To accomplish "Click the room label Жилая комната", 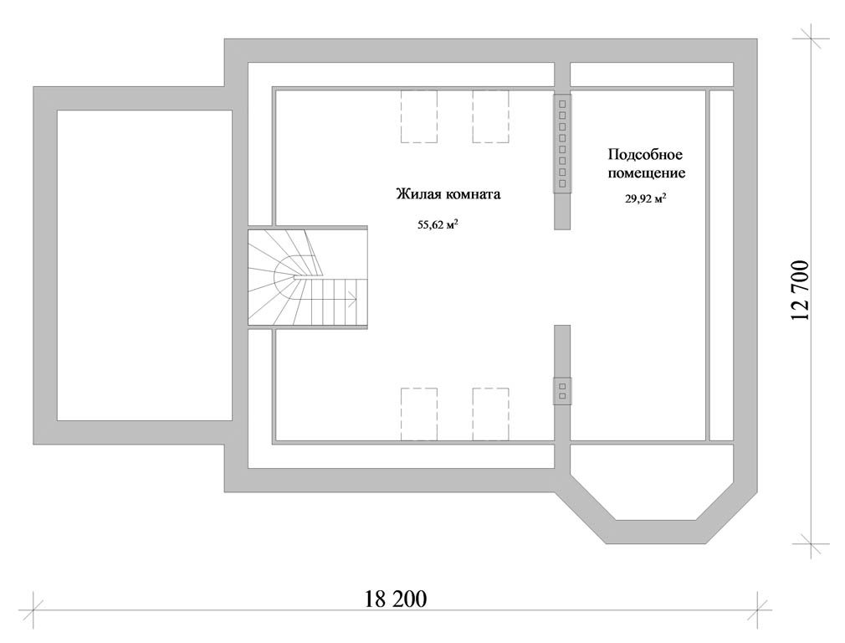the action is [448, 194].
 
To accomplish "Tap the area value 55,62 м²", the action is [438, 224].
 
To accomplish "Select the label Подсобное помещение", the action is [646, 164].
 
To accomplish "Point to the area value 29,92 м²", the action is [645, 198].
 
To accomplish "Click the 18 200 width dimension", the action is [396, 599].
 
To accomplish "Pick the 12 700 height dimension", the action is [801, 291].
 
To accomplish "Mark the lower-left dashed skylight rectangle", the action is [418, 414].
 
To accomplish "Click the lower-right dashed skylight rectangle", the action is [491, 414].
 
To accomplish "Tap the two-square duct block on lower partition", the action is [562, 391].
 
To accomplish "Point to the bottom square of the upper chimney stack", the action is [562, 184].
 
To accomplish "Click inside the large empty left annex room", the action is [145, 265].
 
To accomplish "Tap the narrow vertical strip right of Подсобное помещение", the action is [721, 265].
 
